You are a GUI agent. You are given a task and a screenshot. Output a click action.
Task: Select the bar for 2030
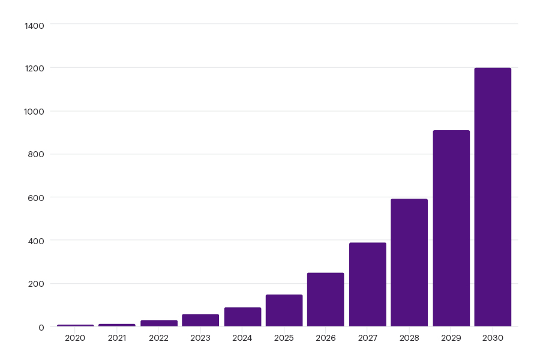point(493,197)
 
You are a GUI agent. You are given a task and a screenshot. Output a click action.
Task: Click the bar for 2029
point(451,229)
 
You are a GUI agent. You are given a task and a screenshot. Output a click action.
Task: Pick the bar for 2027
point(367,284)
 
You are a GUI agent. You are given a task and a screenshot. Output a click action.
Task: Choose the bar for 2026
point(326,299)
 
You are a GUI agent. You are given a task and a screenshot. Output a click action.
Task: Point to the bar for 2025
point(284,310)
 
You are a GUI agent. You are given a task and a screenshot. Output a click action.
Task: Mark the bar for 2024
point(242,317)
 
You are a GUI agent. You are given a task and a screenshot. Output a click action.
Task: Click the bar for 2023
point(200,320)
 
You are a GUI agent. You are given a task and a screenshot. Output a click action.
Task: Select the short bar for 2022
point(159,323)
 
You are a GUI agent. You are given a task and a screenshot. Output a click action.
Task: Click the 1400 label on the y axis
point(35,25)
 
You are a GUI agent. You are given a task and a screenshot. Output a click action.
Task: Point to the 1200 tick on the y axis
point(35,68)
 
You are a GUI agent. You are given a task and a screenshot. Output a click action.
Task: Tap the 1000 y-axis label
point(35,112)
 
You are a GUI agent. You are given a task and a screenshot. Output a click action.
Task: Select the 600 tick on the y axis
point(37,198)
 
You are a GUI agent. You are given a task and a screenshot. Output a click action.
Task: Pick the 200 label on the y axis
point(37,284)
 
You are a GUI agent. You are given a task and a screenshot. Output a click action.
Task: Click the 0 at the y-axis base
point(41,327)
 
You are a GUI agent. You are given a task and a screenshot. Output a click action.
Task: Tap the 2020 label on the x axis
point(75,338)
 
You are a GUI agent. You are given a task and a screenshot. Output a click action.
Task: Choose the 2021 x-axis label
point(117,338)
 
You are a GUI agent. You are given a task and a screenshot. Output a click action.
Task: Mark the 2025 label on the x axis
point(284,338)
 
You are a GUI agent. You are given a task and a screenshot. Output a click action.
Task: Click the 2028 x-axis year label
point(409,338)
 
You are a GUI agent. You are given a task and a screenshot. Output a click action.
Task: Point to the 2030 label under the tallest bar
point(493,338)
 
